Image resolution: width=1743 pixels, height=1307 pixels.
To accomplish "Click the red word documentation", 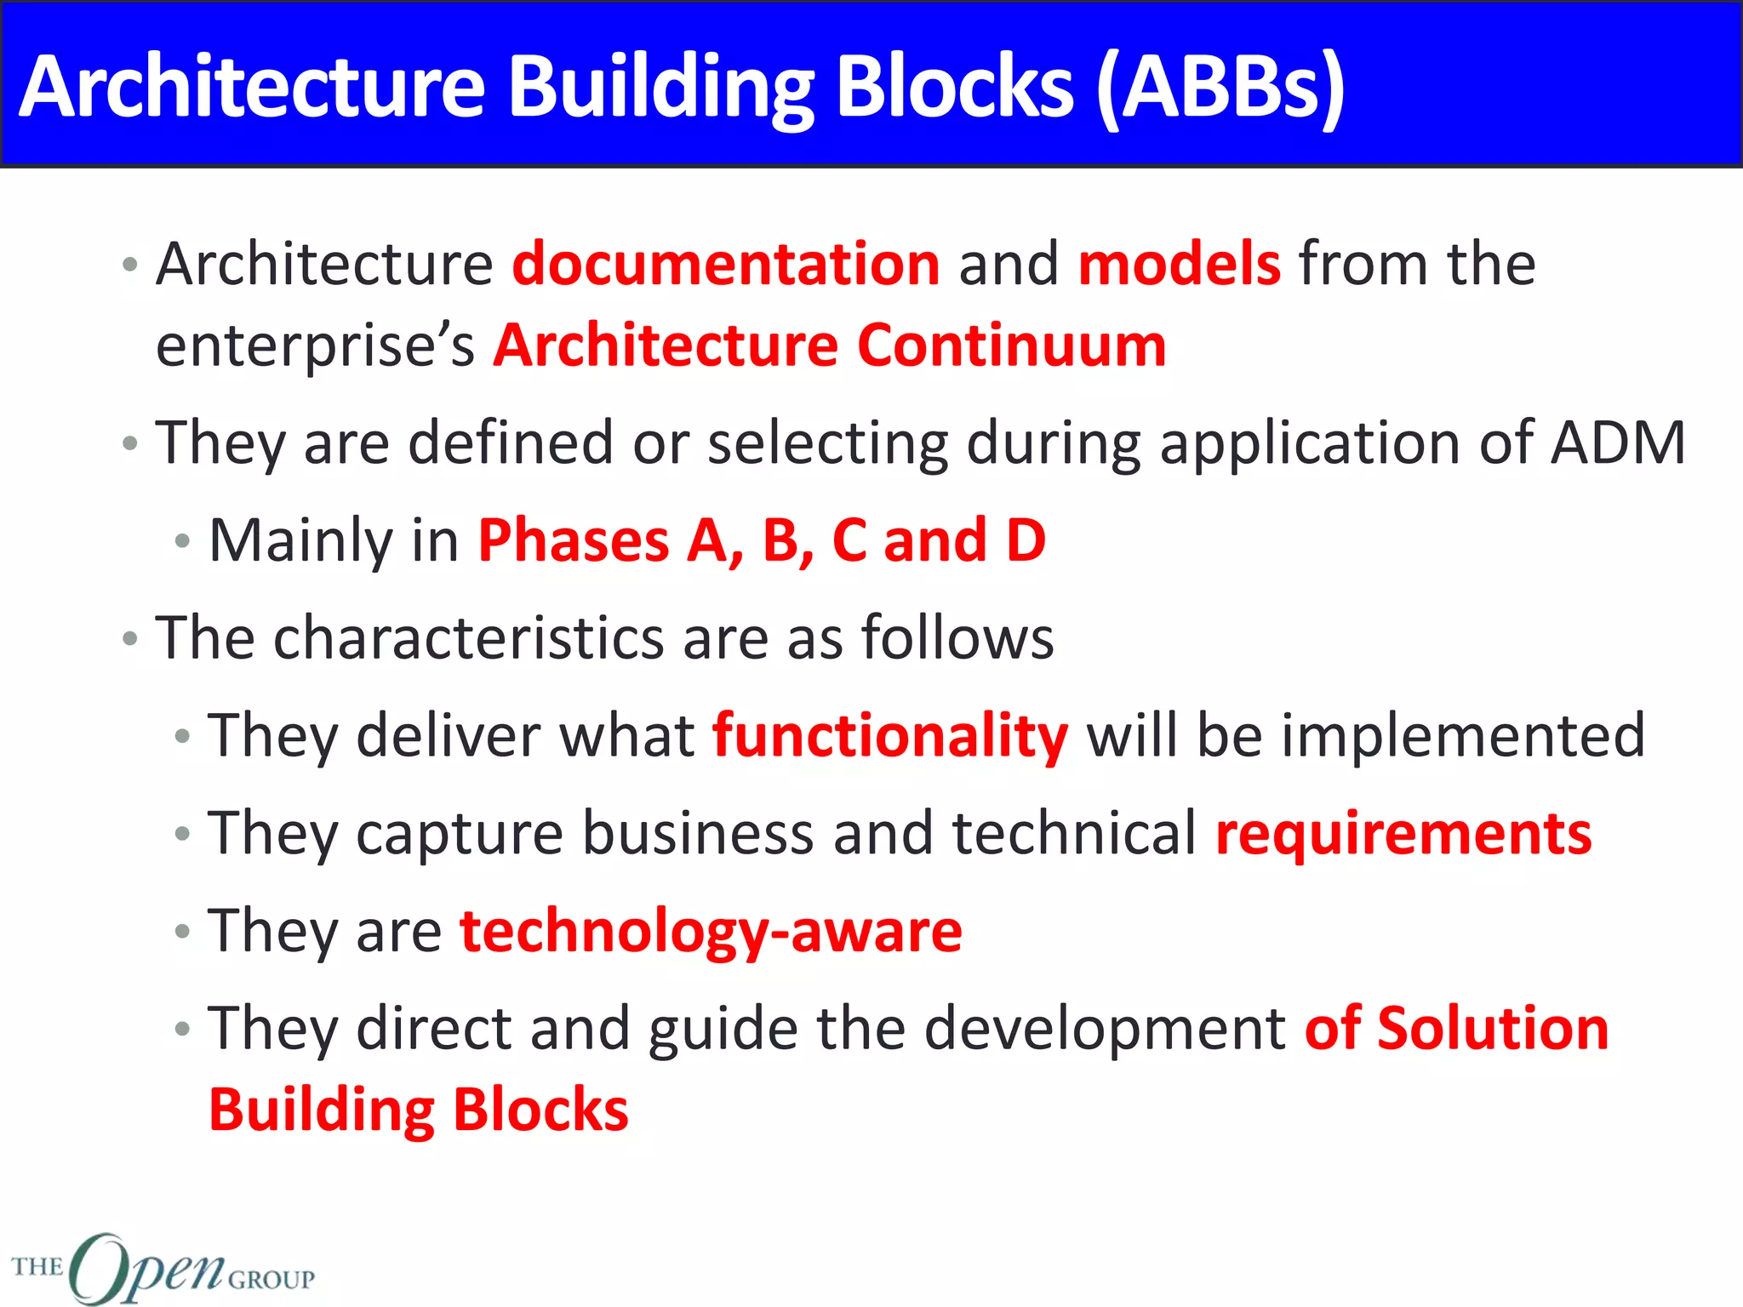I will (x=726, y=265).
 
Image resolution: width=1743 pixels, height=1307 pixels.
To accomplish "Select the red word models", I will (x=1179, y=265).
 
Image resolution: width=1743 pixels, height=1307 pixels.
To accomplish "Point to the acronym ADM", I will (x=1617, y=443).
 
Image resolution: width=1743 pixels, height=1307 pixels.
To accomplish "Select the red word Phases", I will (x=574, y=541).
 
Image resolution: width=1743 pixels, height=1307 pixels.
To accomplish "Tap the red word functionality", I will (x=889, y=736).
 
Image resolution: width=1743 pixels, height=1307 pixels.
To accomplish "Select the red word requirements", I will (x=1403, y=834).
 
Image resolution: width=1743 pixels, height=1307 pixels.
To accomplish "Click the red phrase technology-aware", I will (x=711, y=932).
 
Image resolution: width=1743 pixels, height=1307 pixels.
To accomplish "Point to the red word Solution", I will (x=1493, y=1029).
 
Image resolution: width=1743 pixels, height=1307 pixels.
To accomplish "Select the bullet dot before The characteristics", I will (x=130, y=638).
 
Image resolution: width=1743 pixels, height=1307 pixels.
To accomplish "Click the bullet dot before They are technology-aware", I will (x=182, y=932).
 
